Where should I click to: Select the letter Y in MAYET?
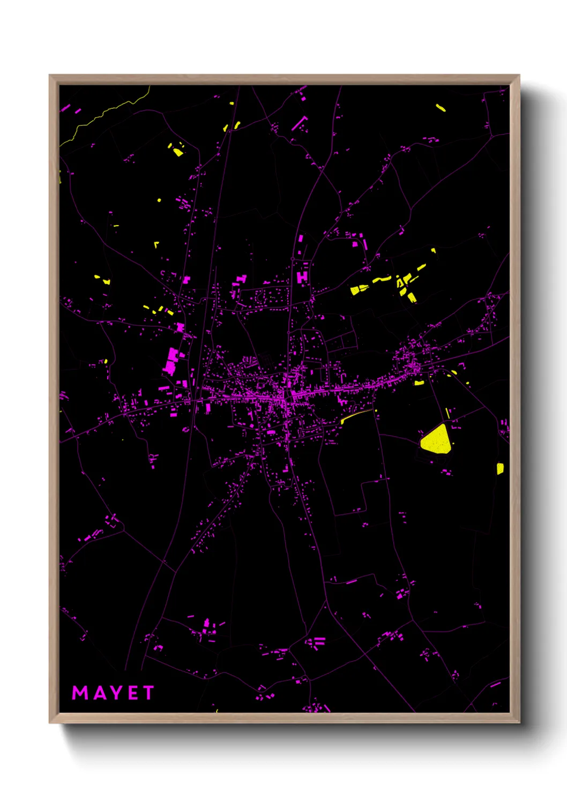115,693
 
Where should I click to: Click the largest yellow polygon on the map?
436,440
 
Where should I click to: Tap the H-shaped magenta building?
303,276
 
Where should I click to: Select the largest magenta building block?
171,361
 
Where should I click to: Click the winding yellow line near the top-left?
107,113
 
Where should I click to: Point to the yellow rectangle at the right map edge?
499,468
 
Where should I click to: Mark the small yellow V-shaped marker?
156,244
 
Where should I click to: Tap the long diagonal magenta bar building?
299,123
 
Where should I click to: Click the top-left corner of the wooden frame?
50,76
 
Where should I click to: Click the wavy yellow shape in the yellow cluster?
382,279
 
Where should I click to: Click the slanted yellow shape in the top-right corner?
441,108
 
